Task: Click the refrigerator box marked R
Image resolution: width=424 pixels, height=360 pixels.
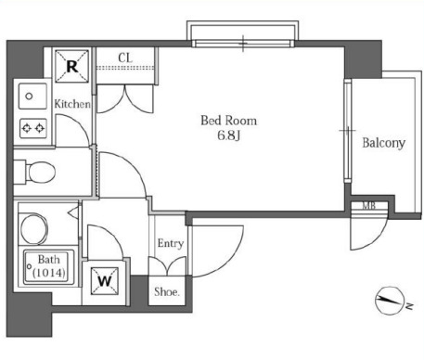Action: [71, 66]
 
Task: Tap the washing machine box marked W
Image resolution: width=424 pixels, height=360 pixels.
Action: [105, 281]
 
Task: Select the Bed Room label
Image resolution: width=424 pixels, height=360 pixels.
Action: [228, 121]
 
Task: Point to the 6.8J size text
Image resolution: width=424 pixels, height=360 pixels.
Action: [228, 135]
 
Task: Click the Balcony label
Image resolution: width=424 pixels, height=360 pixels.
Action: [383, 143]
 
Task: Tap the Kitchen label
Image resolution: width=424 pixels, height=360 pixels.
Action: [72, 104]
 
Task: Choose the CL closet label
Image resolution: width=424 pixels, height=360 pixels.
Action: [125, 58]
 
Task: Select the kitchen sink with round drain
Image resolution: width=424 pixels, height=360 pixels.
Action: [32, 96]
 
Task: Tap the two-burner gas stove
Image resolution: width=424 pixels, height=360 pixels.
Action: [33, 128]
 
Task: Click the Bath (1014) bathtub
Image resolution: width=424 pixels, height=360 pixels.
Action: [49, 266]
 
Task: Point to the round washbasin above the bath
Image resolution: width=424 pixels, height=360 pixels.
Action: [33, 228]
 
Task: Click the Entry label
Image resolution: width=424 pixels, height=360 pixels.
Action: [171, 243]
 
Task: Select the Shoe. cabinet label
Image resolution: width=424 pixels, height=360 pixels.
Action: [167, 291]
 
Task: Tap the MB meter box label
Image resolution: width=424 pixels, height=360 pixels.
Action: [368, 205]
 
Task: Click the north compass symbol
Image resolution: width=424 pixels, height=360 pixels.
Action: [390, 301]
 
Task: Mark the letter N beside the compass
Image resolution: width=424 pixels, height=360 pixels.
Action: [409, 306]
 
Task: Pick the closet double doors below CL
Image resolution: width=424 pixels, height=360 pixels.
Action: [125, 99]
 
